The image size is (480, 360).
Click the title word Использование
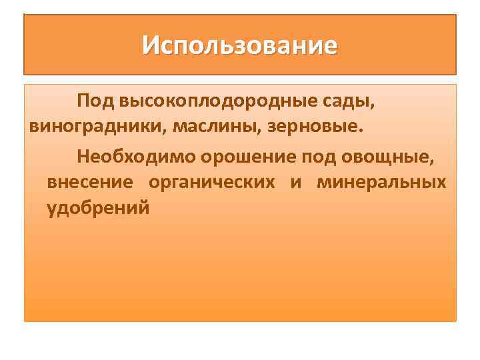[240, 46]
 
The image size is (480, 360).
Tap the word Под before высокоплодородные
[96, 101]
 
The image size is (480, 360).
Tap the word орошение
[243, 157]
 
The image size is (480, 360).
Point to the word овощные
[387, 157]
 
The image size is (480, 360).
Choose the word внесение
[90, 182]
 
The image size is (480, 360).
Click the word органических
[211, 182]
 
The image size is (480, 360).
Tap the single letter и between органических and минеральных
[295, 182]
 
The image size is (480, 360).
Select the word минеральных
[381, 182]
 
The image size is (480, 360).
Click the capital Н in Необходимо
[83, 157]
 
